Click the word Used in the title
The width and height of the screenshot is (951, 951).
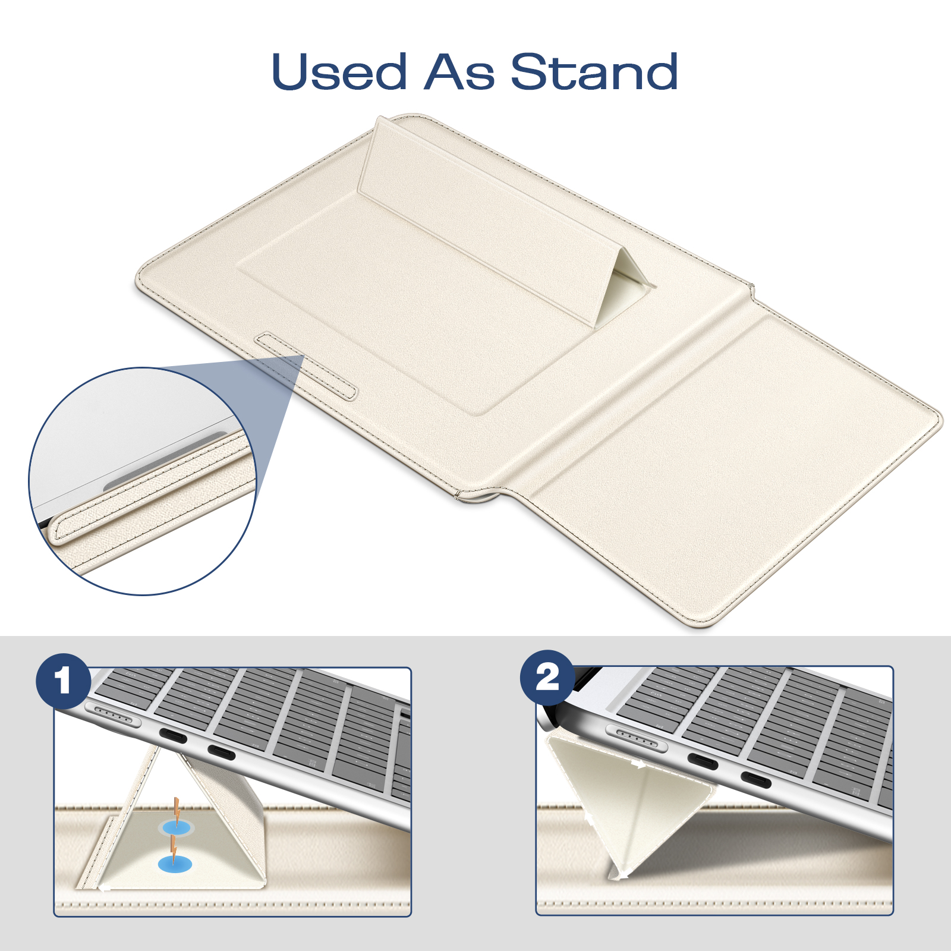point(339,72)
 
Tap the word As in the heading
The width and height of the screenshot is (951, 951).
point(459,72)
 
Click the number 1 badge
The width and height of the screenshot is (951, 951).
point(63,681)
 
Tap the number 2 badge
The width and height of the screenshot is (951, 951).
point(547,678)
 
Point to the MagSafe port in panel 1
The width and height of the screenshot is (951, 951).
point(114,716)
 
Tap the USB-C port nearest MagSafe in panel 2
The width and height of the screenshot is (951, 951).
point(703,760)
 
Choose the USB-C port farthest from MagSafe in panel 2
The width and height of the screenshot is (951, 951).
point(755,780)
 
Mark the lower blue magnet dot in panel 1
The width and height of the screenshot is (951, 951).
point(175,864)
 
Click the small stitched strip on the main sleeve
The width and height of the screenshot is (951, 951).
point(306,366)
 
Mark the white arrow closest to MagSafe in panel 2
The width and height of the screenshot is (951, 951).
point(639,765)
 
